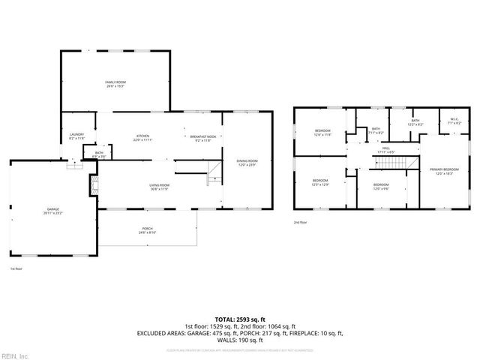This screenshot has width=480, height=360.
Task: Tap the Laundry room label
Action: click(x=76, y=135)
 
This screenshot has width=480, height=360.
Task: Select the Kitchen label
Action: click(x=142, y=136)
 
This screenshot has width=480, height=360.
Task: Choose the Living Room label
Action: click(x=158, y=186)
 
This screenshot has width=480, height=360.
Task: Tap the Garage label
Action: click(x=53, y=211)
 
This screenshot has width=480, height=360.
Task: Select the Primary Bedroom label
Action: click(x=443, y=172)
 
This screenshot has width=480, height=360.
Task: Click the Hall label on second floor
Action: click(x=386, y=150)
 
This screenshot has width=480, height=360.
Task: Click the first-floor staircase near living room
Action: click(x=216, y=173)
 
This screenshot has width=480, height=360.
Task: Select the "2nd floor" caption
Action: click(x=301, y=223)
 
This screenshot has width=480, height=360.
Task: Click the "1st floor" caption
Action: click(x=16, y=268)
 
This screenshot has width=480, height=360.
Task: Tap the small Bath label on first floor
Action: click(x=99, y=154)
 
